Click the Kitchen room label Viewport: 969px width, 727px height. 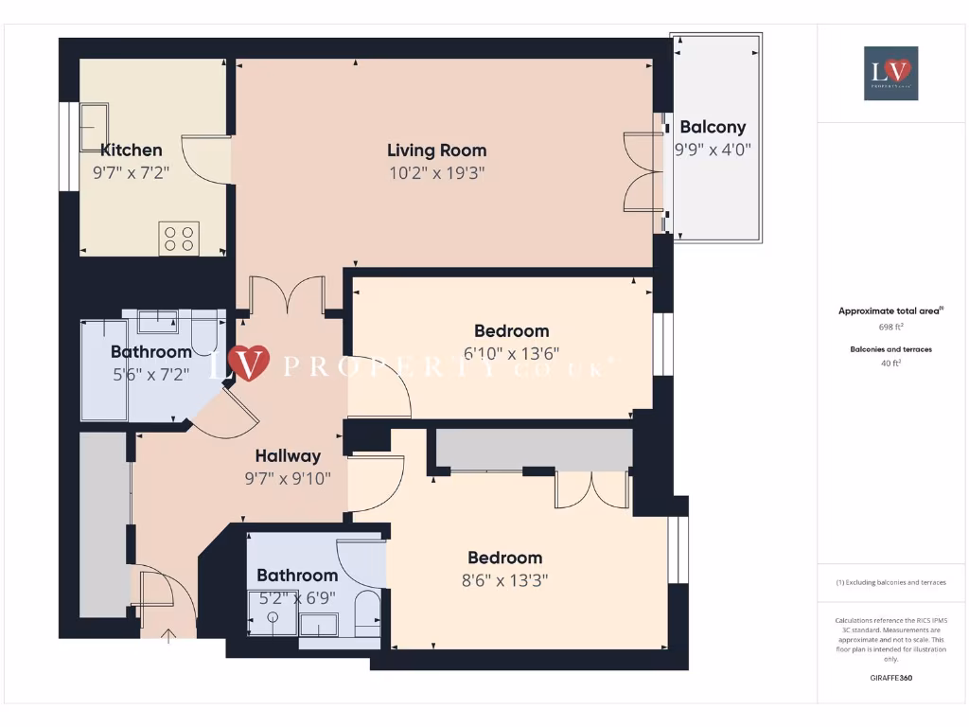pos(131,150)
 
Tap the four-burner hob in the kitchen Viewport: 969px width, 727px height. pos(179,237)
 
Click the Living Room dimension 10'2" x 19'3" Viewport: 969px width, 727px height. pos(436,173)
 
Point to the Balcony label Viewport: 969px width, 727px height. pos(713,127)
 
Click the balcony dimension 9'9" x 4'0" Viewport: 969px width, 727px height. pos(713,150)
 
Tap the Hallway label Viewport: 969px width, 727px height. pos(288,455)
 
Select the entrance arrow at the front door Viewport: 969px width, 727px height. pos(169,634)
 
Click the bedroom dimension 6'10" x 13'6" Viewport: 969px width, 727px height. pos(511,354)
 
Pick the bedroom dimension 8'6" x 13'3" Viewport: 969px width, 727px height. pos(504,580)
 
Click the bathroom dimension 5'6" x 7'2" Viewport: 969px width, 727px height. pos(150,374)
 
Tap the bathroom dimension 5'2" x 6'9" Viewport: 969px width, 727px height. pos(297,597)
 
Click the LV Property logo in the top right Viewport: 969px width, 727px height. pos(890,73)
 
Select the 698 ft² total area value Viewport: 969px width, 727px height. pos(890,327)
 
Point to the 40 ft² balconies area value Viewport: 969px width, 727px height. pos(890,363)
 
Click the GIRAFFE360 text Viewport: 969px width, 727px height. pos(890,678)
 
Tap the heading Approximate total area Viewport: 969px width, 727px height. pos(890,311)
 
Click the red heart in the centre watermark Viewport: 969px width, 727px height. pos(250,363)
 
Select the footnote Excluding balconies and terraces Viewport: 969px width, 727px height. pos(890,582)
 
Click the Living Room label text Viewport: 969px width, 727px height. pos(436,150)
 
